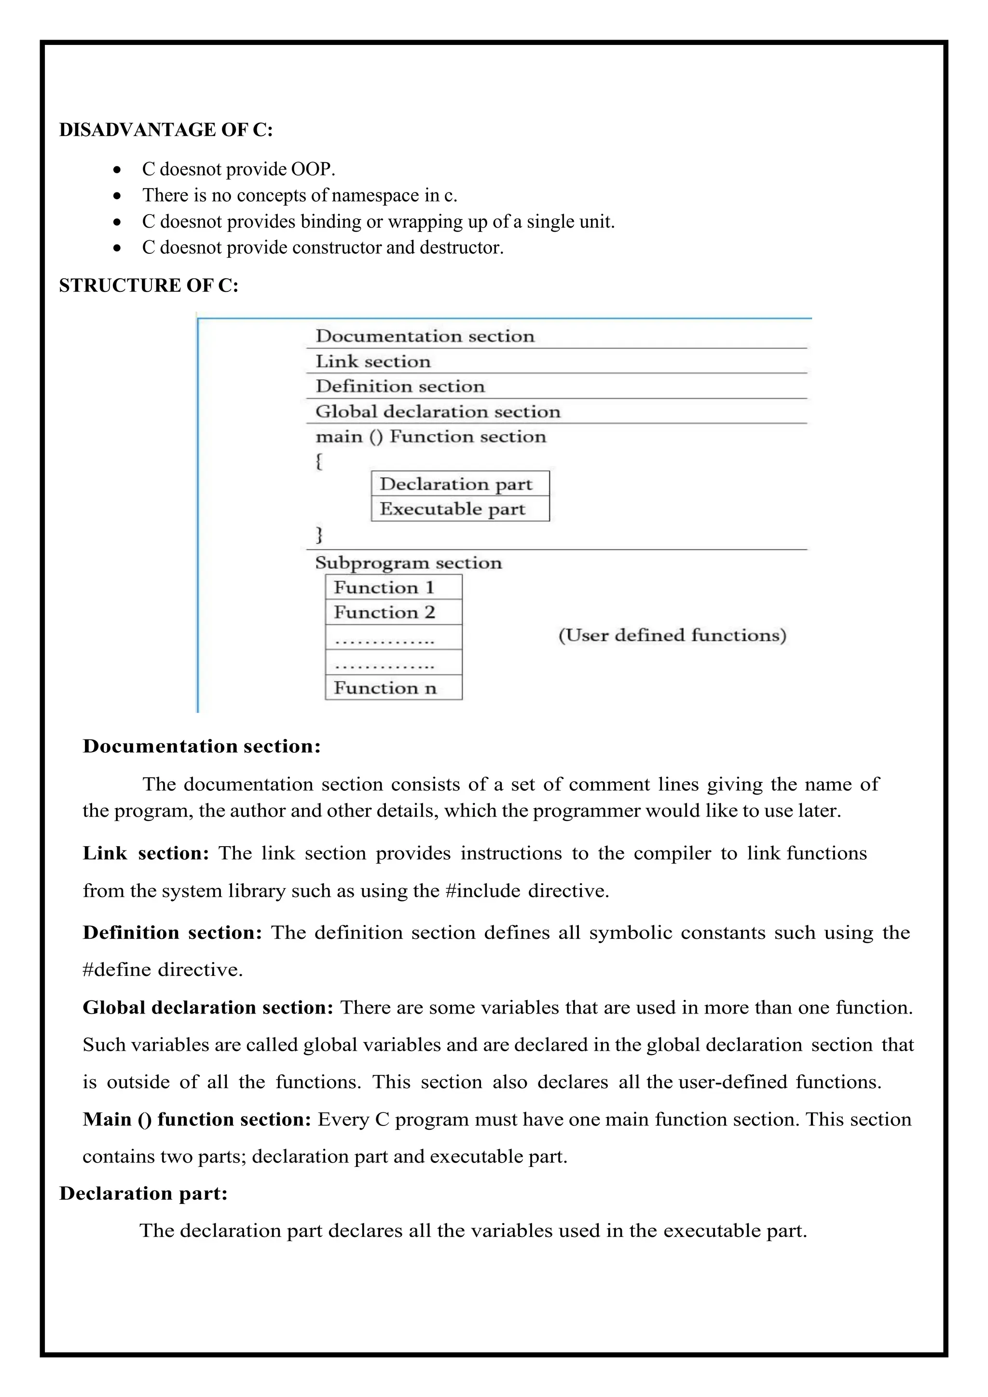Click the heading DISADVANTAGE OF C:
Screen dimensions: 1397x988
[x=165, y=130]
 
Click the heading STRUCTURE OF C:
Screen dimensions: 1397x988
[x=149, y=286]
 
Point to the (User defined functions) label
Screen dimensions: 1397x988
[x=672, y=635]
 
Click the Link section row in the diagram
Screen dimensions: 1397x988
[x=373, y=361]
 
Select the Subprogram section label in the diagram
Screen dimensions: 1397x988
[x=408, y=563]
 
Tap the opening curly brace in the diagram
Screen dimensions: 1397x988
[x=319, y=461]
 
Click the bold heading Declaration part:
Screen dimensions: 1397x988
[x=144, y=1193]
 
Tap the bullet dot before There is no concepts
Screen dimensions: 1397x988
[x=117, y=196]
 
